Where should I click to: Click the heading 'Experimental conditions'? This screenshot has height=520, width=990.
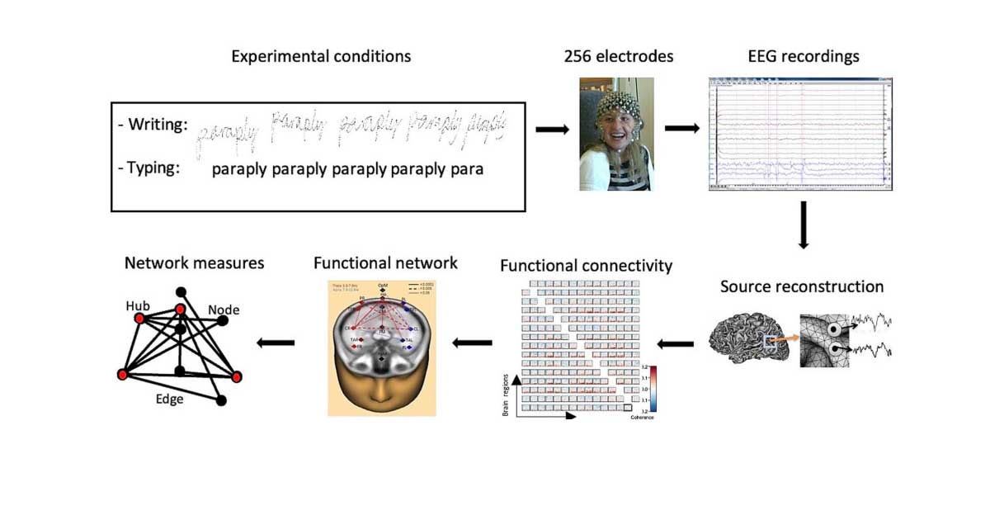[321, 57]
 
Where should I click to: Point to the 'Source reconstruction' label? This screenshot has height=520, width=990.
[801, 287]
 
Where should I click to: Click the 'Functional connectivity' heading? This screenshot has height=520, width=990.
[586, 266]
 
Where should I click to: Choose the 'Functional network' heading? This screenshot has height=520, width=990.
[385, 263]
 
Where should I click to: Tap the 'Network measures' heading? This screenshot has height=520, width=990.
[194, 263]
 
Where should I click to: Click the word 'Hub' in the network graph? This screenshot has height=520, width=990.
[138, 305]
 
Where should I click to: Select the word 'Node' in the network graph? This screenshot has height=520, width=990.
[224, 310]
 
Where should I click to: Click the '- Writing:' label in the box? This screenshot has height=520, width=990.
[153, 126]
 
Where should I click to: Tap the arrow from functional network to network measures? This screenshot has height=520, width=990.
[276, 343]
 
